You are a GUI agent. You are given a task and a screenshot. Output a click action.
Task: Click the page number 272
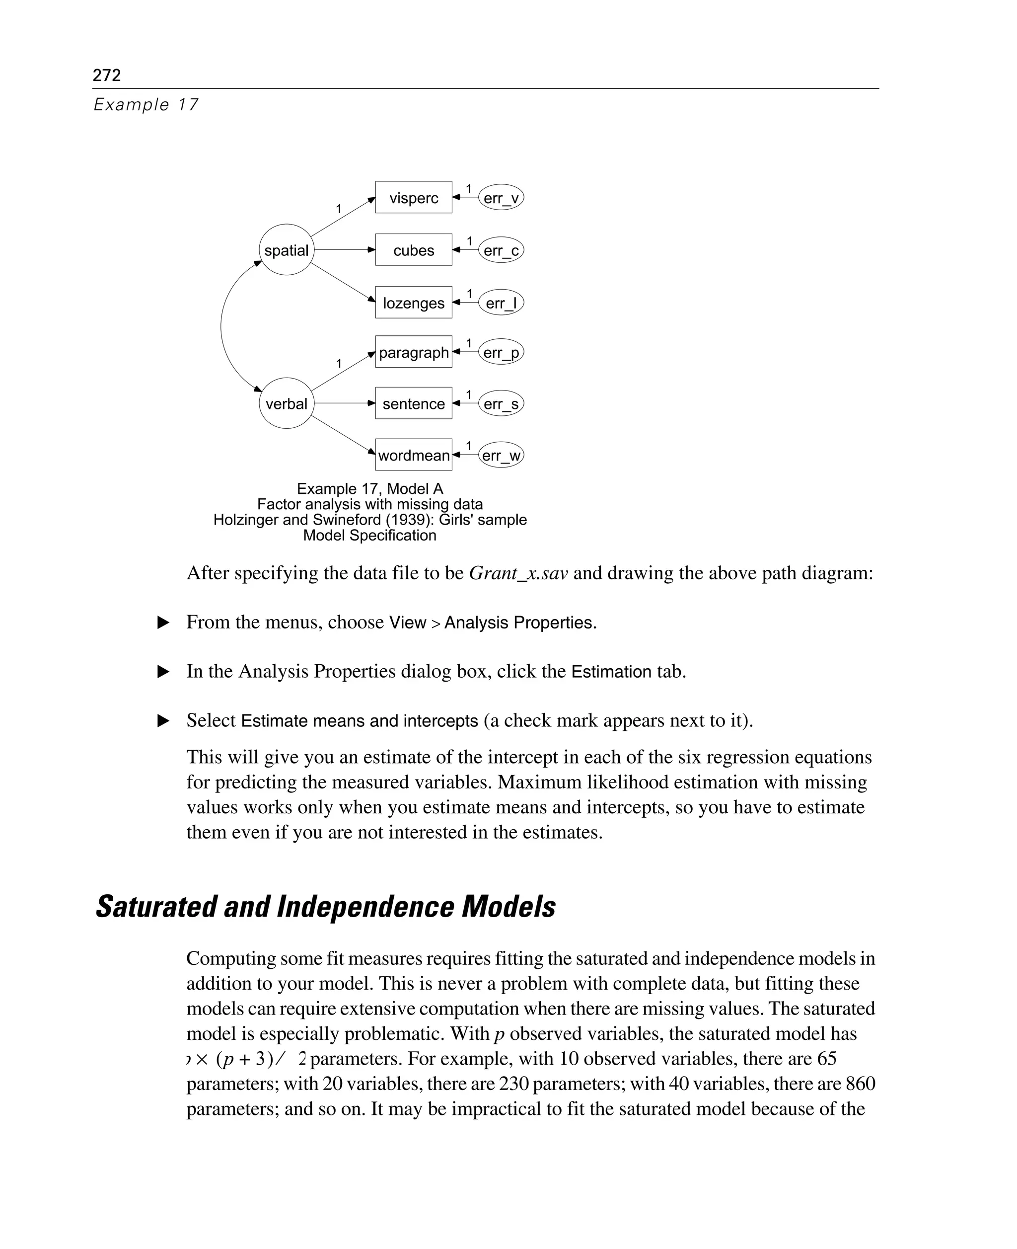(x=107, y=75)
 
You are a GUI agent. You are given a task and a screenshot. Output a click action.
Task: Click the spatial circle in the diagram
(x=286, y=250)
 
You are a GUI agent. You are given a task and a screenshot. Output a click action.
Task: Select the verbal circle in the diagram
(x=286, y=404)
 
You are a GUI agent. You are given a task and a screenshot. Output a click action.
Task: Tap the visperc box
(x=414, y=198)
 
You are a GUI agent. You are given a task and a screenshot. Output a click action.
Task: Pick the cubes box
(x=414, y=250)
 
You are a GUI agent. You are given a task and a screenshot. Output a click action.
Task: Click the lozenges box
(x=414, y=303)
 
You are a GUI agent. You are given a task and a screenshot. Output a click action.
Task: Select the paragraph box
(x=414, y=352)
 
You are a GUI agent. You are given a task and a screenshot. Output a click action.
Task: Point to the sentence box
(x=414, y=404)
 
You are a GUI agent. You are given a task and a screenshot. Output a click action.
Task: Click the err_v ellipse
(x=501, y=198)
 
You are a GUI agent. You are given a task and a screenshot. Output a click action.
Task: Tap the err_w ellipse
(x=501, y=456)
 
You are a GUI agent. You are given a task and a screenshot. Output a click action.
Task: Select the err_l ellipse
(x=501, y=303)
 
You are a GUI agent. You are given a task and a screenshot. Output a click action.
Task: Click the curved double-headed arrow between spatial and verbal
(x=221, y=326)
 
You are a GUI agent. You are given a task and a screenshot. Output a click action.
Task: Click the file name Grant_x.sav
(x=518, y=573)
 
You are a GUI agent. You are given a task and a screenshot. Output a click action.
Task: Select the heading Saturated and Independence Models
(x=326, y=907)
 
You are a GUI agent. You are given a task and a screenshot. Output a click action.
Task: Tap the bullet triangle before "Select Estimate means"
(x=163, y=721)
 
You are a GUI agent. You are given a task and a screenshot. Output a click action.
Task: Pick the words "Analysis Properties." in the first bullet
(x=520, y=623)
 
